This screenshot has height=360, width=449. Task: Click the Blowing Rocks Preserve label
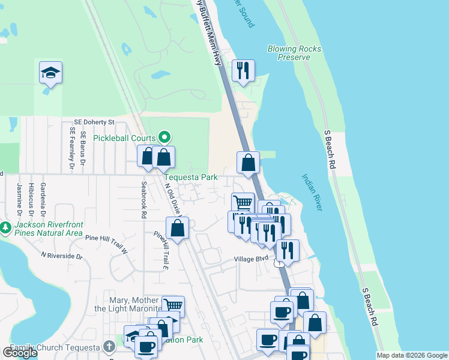[294, 53]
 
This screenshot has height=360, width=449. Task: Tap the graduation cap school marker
[51, 74]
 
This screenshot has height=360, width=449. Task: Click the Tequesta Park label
[192, 178]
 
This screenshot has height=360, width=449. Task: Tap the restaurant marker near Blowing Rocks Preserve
[243, 70]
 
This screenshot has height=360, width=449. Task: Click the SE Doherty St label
[94, 122]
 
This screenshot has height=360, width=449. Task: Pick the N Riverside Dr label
[62, 256]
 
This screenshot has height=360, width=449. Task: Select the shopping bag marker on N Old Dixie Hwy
[177, 228]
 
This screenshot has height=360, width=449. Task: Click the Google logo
[20, 353]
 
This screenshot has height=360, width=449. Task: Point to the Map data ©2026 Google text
[412, 355]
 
